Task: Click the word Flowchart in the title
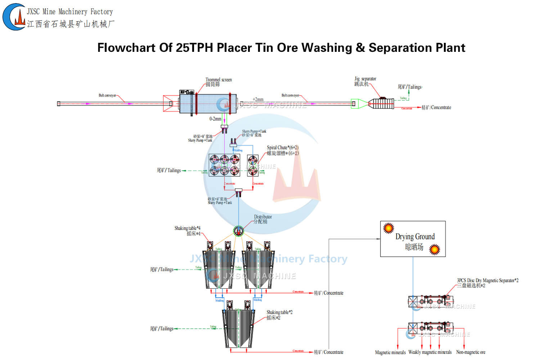(126, 48)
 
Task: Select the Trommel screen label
(219, 80)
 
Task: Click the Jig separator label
(365, 79)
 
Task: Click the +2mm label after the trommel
(258, 99)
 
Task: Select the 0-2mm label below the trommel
(215, 119)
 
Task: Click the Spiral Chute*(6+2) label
(283, 148)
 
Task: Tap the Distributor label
(263, 217)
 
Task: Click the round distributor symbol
(238, 231)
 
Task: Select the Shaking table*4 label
(187, 228)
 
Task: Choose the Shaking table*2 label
(279, 312)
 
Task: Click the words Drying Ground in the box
(415, 237)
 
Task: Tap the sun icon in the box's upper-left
(388, 228)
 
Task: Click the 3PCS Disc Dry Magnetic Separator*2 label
(487, 280)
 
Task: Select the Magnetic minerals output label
(390, 352)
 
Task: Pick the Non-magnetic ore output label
(471, 352)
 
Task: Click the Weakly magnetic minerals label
(430, 352)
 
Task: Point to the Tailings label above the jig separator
(410, 87)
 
